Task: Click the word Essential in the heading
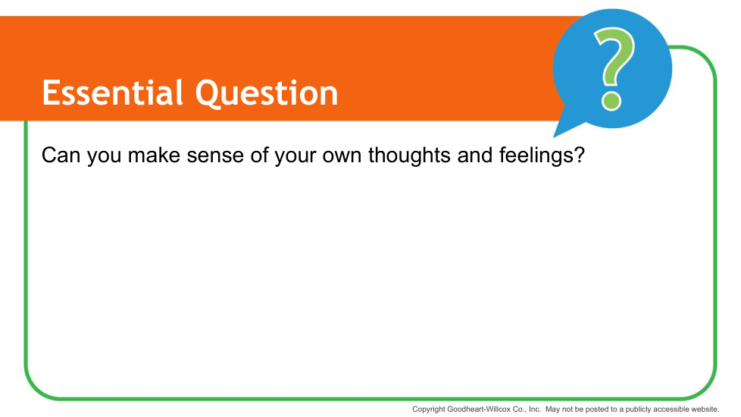[112, 92]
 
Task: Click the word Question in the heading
[267, 93]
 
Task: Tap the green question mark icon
[613, 68]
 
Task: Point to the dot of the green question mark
[611, 102]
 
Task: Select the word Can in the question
[61, 155]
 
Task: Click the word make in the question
[154, 155]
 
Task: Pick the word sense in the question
[215, 156]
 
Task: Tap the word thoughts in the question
[409, 155]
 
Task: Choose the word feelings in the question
[537, 155]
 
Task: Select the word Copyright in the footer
[429, 409]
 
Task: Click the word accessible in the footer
[671, 409]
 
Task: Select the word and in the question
[475, 155]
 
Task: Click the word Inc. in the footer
[534, 409]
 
